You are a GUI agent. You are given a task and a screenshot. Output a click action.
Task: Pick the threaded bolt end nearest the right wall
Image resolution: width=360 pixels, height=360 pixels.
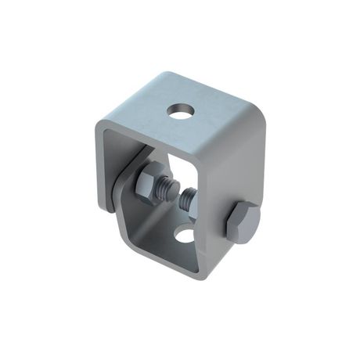[x=187, y=202]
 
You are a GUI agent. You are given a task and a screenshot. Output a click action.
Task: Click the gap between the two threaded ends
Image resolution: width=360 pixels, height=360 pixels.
[x=175, y=196]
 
